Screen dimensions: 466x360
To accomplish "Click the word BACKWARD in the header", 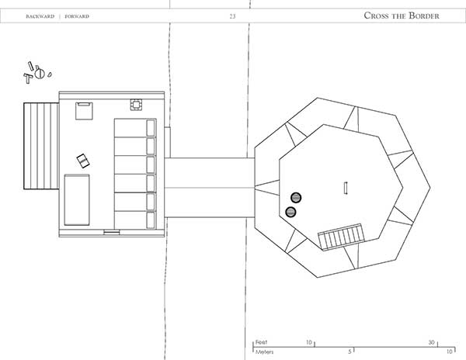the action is [40, 16].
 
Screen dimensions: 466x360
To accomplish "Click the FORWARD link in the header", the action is [77, 16].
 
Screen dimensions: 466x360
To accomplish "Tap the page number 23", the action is [232, 16].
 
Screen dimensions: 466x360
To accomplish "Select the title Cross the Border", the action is [402, 16].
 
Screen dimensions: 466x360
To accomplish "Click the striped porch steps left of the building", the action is [41, 146].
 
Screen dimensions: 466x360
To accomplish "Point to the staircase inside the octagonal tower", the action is [342, 237].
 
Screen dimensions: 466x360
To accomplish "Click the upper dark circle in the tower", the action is [296, 197].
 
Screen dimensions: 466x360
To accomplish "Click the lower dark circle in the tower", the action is [290, 212].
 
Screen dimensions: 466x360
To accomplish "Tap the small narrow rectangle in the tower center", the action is [346, 188].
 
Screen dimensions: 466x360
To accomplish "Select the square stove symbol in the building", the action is [136, 105].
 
